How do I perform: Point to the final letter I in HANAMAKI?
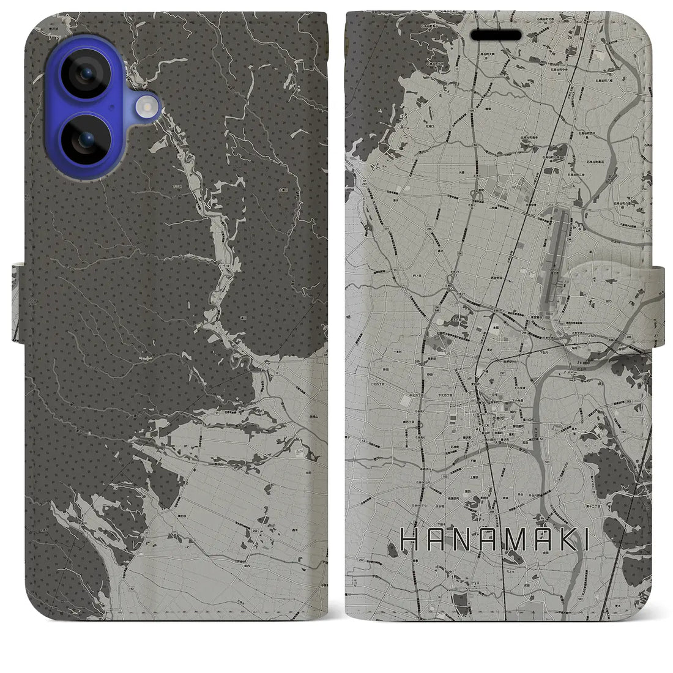point(586,540)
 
